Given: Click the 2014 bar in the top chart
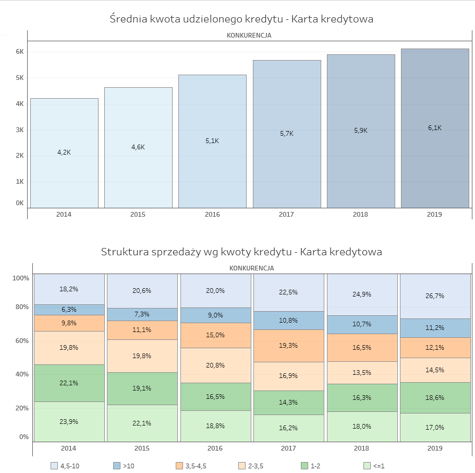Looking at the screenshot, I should tap(64, 153).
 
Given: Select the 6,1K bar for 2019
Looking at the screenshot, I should tap(435, 128).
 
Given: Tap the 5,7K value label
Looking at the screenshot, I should tap(286, 134).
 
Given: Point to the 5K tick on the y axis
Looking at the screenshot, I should tap(20, 78).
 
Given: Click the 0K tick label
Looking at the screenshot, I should tap(20, 203).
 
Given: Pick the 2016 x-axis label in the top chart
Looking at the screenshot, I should tap(212, 215).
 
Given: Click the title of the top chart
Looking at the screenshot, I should tap(241, 19).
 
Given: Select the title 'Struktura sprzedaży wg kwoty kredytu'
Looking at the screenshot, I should tap(241, 252).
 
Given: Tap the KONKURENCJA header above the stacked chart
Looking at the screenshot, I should tap(251, 268).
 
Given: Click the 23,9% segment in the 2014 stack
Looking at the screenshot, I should tap(69, 421).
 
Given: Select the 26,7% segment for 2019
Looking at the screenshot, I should tap(435, 296).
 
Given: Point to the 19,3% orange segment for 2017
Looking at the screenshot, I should tap(288, 346).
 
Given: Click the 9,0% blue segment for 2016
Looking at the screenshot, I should tap(215, 315).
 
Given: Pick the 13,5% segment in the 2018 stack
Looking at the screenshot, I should tap(362, 373).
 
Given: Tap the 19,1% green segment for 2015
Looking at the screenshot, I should tap(142, 388).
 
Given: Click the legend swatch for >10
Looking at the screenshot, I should tap(117, 466).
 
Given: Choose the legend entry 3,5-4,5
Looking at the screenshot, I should tap(196, 466).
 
